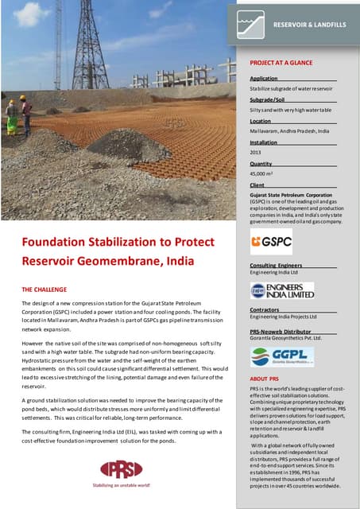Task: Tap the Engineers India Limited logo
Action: [281, 290]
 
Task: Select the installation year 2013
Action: [255, 151]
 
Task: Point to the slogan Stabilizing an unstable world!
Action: [121, 484]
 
